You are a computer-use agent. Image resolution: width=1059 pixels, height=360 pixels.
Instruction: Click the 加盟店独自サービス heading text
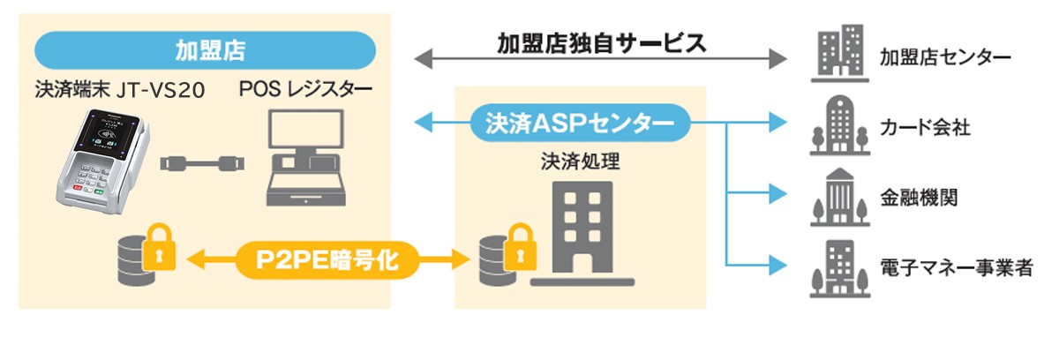(x=601, y=42)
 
